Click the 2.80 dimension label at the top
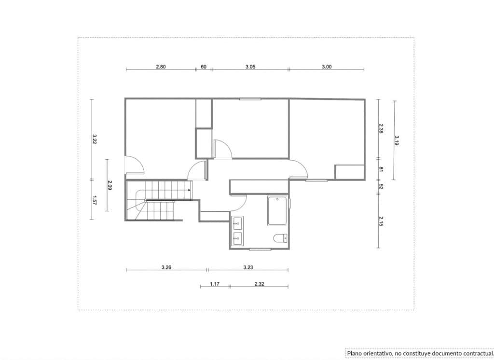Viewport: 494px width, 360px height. pos(161,67)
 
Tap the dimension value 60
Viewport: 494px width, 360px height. pos(204,67)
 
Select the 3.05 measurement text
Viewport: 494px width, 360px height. pos(250,67)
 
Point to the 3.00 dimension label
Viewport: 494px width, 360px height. pos(327,67)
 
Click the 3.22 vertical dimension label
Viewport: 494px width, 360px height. pos(95,139)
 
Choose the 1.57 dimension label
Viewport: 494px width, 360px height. pos(95,200)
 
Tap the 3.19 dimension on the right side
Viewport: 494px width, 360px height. pos(397,140)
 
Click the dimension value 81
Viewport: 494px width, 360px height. pos(381,169)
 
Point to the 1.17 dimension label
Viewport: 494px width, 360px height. pos(215,284)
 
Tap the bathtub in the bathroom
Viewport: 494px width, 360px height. pos(277,211)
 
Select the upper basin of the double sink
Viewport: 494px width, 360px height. pos(237,223)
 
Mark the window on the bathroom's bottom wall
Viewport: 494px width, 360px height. pos(260,249)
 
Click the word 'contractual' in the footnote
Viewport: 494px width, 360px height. pos(471,353)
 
